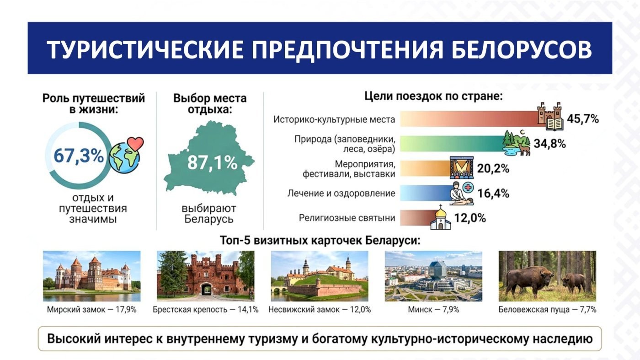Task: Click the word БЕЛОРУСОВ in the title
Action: point(522,49)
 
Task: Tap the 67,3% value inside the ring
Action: point(79,156)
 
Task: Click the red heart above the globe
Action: point(135,144)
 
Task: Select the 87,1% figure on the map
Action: point(212,163)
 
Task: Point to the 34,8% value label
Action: point(549,144)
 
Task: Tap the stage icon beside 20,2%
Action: point(461,167)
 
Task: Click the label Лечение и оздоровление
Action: point(341,193)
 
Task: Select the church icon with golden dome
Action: point(441,217)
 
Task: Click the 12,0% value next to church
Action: point(470,218)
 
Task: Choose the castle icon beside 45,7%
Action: point(550,116)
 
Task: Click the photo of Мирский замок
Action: point(92,276)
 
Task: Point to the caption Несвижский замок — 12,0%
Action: point(320,310)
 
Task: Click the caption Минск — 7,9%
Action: point(433,310)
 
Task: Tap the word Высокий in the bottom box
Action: point(74,339)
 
